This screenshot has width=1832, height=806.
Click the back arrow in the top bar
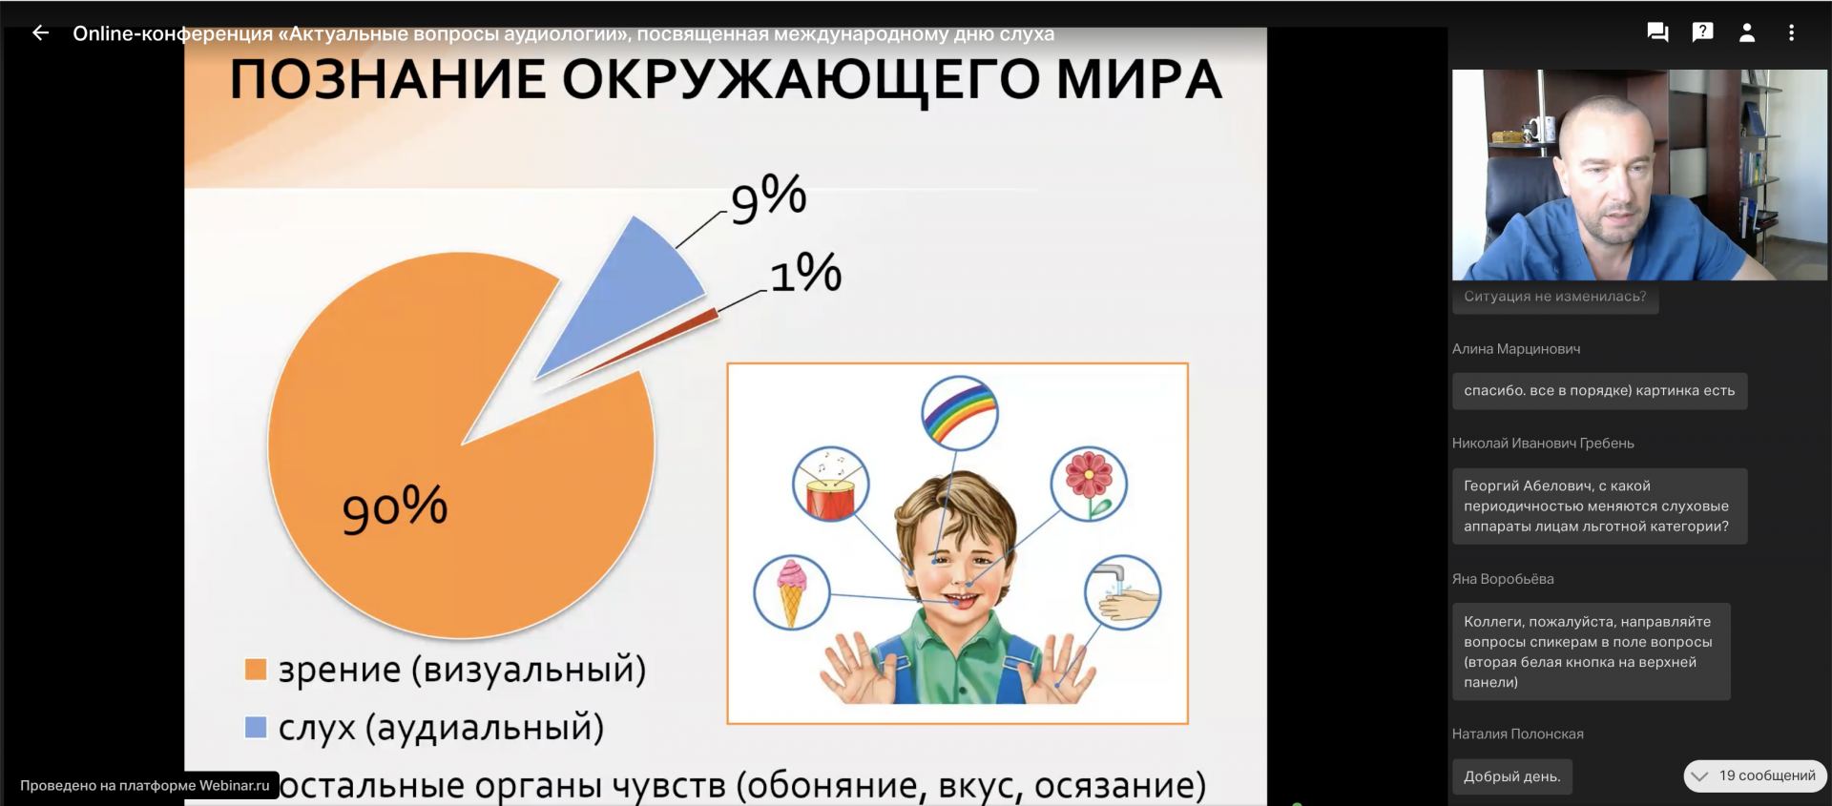tap(40, 33)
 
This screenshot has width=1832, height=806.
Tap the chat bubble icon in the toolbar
tap(1657, 32)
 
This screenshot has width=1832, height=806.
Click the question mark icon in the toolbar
tap(1702, 32)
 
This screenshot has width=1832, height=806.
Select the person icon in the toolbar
tap(1747, 32)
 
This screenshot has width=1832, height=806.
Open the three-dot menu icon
tap(1791, 32)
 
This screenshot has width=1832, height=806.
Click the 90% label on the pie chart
tap(395, 506)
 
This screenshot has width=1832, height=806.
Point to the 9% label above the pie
tap(768, 197)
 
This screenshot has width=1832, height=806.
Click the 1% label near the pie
tap(805, 273)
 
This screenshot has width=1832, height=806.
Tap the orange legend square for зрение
tap(256, 669)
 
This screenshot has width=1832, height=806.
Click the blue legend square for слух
tap(256, 727)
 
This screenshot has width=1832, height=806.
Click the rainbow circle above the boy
tap(960, 413)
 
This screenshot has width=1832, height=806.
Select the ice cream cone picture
tap(792, 592)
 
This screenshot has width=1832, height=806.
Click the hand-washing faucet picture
tap(1123, 592)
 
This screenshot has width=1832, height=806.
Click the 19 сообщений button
tap(1756, 775)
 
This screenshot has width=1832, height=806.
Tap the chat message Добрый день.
tap(1512, 776)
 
